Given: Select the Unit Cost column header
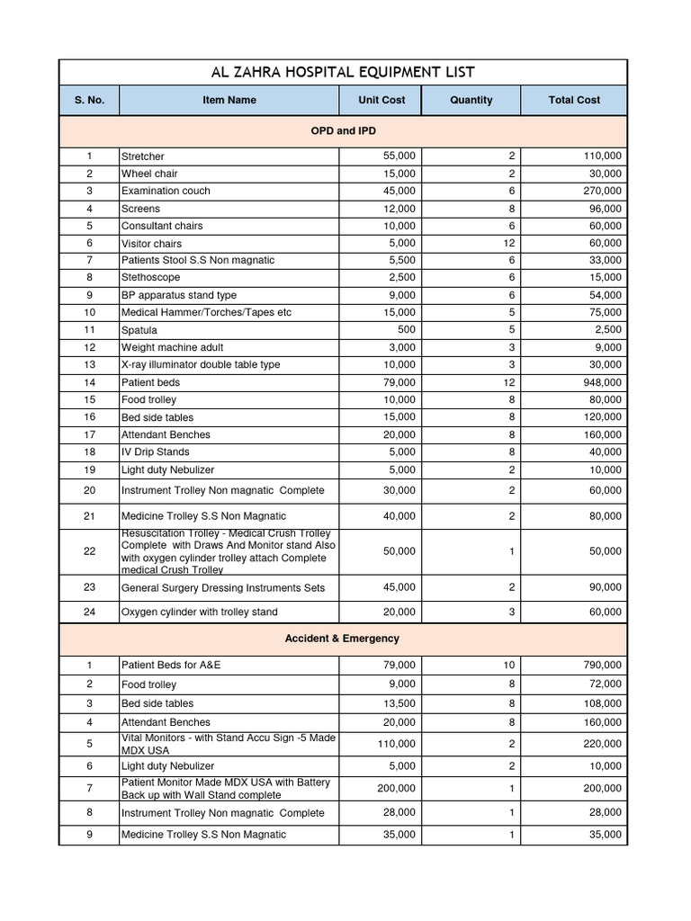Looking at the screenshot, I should (x=381, y=100).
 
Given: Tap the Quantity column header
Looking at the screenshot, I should (x=471, y=100).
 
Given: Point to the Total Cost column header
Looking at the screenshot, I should (x=574, y=100).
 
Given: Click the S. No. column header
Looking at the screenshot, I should (x=89, y=100).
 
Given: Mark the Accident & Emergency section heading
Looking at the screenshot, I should (x=342, y=639).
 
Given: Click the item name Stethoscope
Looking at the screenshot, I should (x=150, y=278).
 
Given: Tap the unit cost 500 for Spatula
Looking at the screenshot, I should (x=406, y=330).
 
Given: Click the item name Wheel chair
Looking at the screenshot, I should (x=149, y=174).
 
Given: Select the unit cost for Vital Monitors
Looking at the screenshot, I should (x=396, y=744).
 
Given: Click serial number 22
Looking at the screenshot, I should (x=89, y=551).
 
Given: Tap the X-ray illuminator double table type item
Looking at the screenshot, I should (x=201, y=365).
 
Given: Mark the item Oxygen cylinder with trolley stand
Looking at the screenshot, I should (x=200, y=612).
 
